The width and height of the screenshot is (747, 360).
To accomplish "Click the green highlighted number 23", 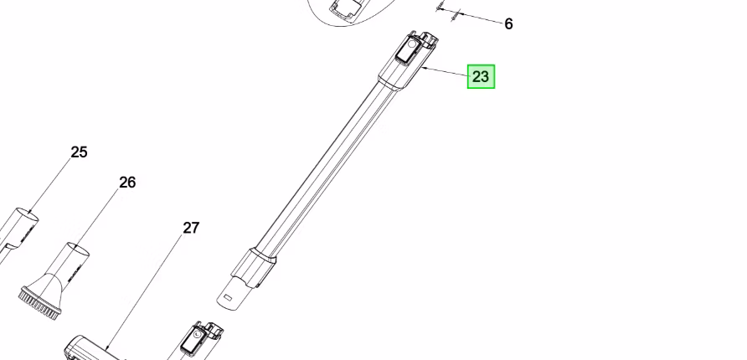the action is tap(481, 77).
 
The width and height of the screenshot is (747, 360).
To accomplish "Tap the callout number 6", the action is tap(508, 24).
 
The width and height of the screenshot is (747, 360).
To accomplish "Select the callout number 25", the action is tap(79, 152).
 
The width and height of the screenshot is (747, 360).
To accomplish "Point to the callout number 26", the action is tap(127, 183).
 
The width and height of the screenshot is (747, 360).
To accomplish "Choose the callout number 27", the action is tap(191, 228).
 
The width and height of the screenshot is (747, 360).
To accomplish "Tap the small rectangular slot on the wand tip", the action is tap(228, 298).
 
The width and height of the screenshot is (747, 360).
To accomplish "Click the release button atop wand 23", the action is tap(407, 50).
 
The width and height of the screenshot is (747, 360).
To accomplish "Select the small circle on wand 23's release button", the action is tap(412, 44).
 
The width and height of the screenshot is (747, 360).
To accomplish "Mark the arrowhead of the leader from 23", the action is tap(424, 69).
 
